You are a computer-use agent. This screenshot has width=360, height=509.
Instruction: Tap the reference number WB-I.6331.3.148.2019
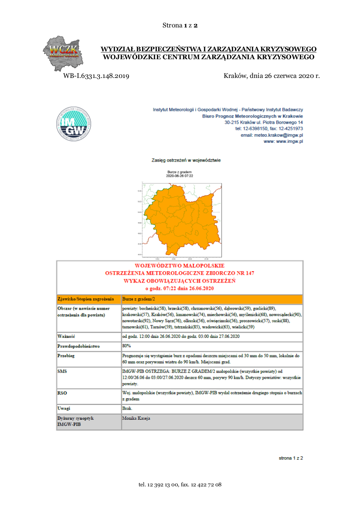coord(96,76)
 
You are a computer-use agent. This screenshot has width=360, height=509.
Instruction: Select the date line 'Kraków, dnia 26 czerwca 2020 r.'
coord(272,76)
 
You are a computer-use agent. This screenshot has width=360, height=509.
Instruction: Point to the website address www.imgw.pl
coord(290,142)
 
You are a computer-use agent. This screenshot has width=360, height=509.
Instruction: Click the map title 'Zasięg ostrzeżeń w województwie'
coord(186,160)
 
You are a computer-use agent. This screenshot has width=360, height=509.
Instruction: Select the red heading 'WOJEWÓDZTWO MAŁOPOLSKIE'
coord(180,265)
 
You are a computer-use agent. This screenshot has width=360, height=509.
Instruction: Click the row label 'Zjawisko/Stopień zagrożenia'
coord(85,299)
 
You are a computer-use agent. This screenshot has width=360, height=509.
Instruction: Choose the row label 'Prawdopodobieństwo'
coord(79,346)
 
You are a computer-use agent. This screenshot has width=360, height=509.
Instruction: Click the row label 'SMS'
coord(62,371)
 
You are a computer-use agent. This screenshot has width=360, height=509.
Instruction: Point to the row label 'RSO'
coord(62,393)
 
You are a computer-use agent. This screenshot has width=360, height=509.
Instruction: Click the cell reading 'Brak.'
coord(128,408)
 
